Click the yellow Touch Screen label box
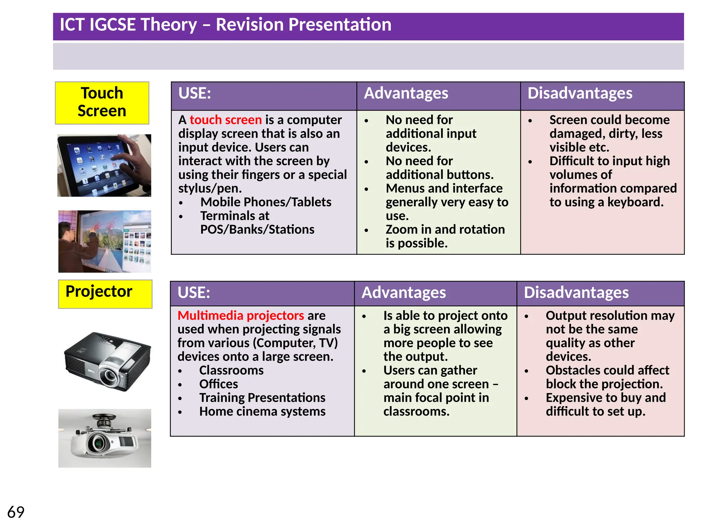102,103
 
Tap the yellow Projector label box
105,294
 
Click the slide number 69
16,512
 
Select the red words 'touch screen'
226,120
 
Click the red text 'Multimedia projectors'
241,315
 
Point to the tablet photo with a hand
104,165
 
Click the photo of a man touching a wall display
104,241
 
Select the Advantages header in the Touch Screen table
406,93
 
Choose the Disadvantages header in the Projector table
576,293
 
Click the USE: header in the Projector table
194,293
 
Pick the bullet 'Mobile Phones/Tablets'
266,202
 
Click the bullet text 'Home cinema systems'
262,411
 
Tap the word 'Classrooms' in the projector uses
231,370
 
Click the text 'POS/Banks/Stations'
257,229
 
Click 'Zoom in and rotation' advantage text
445,229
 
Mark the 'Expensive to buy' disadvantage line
605,398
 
